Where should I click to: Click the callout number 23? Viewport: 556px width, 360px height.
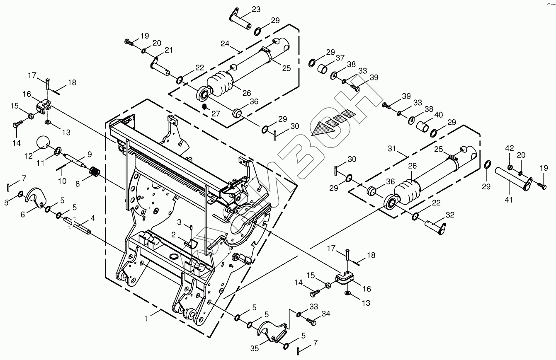(256, 9)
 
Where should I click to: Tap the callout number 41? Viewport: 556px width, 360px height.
(509, 200)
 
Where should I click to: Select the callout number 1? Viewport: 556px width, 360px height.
(146, 319)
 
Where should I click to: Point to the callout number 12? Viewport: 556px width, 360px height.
(28, 156)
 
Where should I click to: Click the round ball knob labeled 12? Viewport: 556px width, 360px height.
(43, 142)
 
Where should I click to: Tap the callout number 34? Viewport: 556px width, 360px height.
(326, 314)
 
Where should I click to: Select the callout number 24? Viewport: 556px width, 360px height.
(225, 43)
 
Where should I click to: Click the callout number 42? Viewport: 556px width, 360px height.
(509, 148)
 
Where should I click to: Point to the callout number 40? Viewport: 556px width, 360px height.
(439, 115)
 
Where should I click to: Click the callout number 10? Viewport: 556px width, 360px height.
(62, 181)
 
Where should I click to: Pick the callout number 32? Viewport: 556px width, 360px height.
(450, 215)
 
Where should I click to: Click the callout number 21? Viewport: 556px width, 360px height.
(168, 50)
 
